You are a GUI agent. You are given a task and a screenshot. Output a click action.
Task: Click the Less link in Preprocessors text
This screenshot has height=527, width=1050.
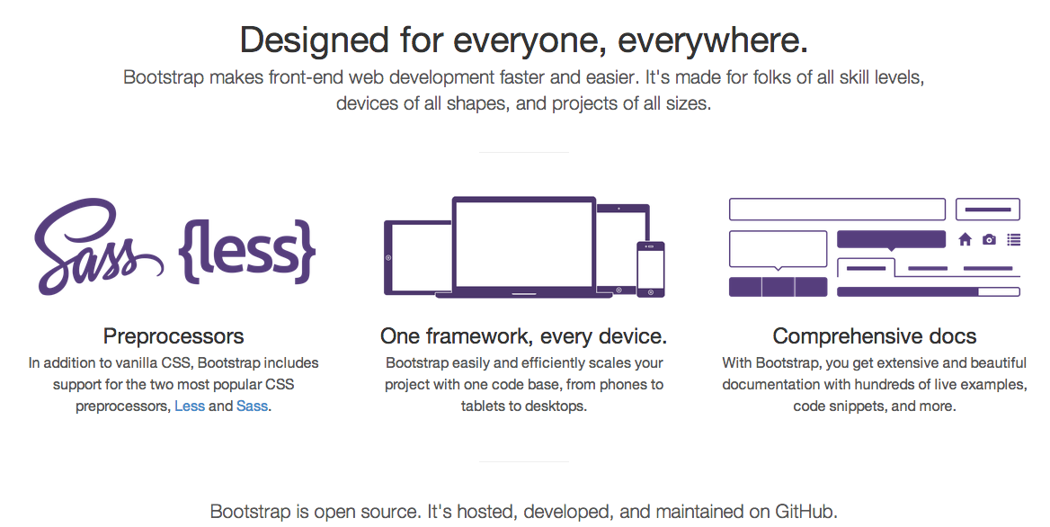click(190, 406)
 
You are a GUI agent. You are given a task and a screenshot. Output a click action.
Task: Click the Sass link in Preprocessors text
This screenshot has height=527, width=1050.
click(252, 406)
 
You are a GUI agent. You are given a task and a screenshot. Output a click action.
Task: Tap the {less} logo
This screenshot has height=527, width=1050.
click(249, 249)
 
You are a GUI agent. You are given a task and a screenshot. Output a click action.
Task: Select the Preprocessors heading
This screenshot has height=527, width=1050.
click(174, 336)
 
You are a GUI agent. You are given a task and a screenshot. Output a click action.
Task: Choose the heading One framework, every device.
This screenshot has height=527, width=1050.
click(523, 336)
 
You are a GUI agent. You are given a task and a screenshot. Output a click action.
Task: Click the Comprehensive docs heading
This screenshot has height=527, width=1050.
click(874, 336)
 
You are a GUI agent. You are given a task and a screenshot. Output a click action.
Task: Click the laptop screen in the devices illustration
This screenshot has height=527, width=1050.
click(524, 243)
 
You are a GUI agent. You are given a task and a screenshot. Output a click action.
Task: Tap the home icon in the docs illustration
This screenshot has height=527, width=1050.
click(965, 240)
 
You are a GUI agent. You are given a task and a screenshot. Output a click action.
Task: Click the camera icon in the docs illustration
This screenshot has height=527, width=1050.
click(990, 240)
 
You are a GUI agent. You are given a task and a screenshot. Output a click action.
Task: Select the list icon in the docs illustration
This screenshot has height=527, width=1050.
click(1014, 240)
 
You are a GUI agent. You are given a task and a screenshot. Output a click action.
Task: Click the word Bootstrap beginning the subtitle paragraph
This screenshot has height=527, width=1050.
click(163, 77)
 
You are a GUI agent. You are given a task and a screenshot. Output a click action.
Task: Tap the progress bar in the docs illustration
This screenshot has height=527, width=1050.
click(928, 291)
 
